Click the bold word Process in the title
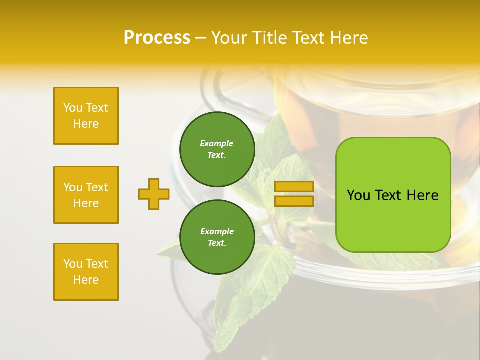pos(157,38)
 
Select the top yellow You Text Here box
pos(86,116)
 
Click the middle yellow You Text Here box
pos(86,195)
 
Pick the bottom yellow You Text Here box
pos(86,272)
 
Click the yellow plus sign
pos(154,194)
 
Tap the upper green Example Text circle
pos(217,149)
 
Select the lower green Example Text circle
pos(217,237)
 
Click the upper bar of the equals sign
pos(294,187)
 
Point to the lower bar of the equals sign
pos(294,201)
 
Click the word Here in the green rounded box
pos(422,195)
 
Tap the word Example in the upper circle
pos(217,143)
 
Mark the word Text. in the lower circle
pos(217,243)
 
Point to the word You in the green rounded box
pos(358,195)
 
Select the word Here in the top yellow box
pos(86,124)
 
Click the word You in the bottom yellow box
pos(72,264)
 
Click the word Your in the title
pos(229,38)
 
